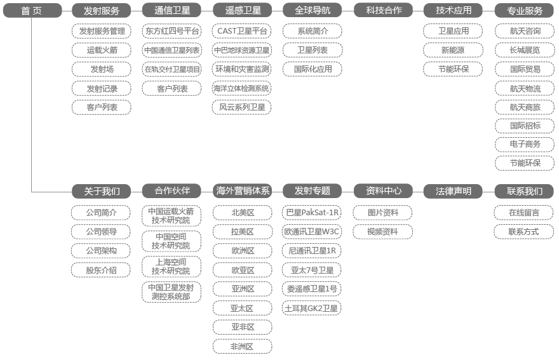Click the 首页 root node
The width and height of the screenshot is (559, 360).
tap(32, 11)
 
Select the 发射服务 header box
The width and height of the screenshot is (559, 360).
tap(101, 11)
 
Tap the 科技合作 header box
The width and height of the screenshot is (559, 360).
tap(383, 11)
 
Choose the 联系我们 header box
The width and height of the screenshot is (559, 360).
tap(524, 191)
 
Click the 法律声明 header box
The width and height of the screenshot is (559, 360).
tap(453, 191)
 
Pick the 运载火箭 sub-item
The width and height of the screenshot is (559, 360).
tap(102, 50)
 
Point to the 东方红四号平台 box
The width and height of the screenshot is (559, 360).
tap(172, 31)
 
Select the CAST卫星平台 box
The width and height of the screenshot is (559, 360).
tap(242, 31)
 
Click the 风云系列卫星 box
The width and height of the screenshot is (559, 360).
tap(242, 107)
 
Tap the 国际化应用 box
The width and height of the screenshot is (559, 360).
tap(313, 69)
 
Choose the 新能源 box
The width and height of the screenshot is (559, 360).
tap(453, 50)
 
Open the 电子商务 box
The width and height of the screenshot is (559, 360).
tap(525, 144)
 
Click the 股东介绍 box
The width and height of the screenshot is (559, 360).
tap(101, 270)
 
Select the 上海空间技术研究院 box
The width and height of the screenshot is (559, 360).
tap(172, 267)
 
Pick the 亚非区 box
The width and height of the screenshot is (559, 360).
tap(243, 327)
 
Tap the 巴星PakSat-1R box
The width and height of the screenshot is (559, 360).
tap(312, 213)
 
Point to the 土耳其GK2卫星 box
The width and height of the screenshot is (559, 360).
tap(312, 309)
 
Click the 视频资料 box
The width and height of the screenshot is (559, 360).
tap(382, 232)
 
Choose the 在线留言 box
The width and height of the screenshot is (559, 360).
tap(523, 213)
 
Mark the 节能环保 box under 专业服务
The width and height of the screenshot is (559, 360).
tap(525, 163)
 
